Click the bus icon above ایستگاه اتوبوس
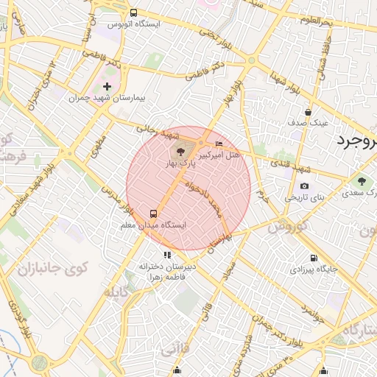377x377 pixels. (x=133, y=13)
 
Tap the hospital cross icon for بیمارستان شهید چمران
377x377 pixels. (x=108, y=87)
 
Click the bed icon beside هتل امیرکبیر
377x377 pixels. (x=219, y=143)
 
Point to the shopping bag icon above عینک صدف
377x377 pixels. (x=308, y=112)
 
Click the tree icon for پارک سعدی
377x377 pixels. (x=361, y=181)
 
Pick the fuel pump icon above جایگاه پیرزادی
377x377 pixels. (x=314, y=258)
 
